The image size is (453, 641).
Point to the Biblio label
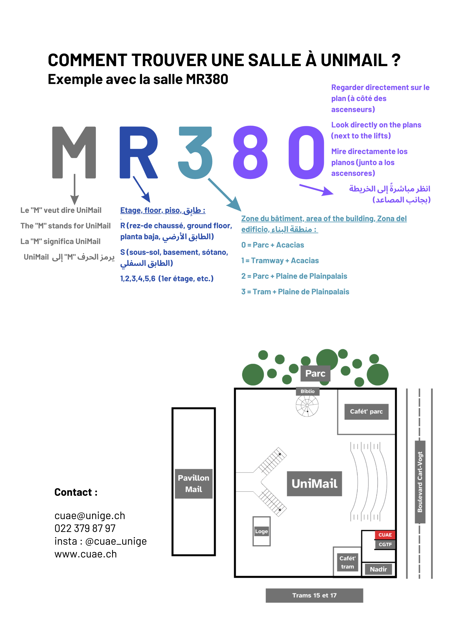(x=307, y=391)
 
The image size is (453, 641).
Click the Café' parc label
(x=366, y=411)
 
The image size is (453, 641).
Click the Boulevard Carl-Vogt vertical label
(x=420, y=482)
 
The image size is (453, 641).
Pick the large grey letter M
(x=74, y=152)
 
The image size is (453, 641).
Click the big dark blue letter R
(x=138, y=152)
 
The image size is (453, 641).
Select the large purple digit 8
(x=250, y=152)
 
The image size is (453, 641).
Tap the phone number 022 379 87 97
(x=85, y=528)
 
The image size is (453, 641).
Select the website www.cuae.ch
(x=85, y=554)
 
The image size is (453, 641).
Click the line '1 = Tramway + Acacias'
(x=280, y=260)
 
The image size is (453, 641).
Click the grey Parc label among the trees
(x=315, y=373)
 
